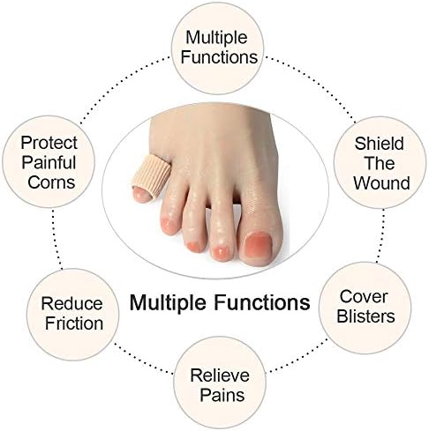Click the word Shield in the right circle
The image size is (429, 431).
379,144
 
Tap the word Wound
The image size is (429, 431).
381,182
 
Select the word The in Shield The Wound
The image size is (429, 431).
380,163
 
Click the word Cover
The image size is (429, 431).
364,296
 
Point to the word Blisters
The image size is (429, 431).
365,316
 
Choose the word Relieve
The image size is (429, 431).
220,375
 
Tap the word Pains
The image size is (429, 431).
222,395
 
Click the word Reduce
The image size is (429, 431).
71,303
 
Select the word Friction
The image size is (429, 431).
74,323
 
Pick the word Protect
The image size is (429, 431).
49,143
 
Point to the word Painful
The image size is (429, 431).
49,162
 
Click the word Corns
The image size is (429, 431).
51,182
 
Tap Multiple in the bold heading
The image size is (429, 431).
168,302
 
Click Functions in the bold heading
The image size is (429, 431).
261,302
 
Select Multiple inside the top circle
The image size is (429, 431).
216,38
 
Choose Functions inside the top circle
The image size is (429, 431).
219,57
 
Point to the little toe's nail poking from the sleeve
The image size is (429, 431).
141,194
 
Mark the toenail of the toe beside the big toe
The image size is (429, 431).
222,251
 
